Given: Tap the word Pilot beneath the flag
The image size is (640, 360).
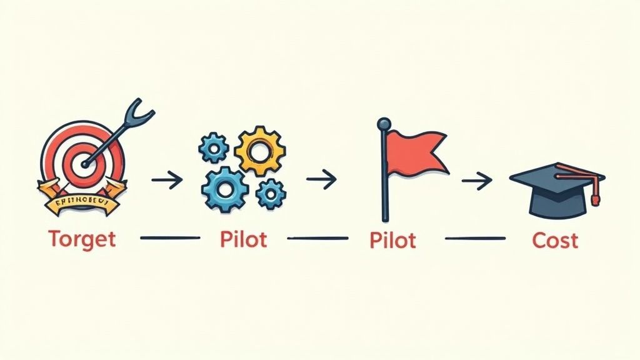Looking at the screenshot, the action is tap(392, 239).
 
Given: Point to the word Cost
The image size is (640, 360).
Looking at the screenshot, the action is tap(555, 239).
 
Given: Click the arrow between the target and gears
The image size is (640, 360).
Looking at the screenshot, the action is tap(167, 181).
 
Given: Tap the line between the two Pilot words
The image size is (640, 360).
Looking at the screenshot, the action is tap(317, 238).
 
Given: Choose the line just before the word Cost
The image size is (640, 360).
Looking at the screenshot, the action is tap(475, 238).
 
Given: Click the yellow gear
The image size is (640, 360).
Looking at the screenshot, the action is tap(259, 150).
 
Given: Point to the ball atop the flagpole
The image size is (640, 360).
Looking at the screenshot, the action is tap(383, 124).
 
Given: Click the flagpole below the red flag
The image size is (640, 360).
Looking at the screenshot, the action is tap(384, 194).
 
